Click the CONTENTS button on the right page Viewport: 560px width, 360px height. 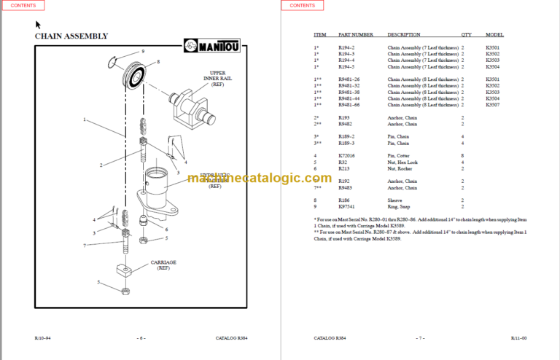pos(302,6)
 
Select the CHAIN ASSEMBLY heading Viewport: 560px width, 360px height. pos(71,36)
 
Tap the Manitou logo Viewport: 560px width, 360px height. pos(219,47)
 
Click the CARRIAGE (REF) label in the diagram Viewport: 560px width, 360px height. pos(164,265)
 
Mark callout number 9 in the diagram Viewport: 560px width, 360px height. pos(143,52)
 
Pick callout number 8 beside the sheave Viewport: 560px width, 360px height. pos(157,62)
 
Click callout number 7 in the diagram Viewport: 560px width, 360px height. pos(85,246)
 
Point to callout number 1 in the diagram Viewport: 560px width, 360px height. pos(85,119)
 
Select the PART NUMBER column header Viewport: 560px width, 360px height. pos(356,34)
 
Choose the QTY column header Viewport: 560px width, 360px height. pos(466,34)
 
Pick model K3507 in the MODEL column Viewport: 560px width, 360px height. pos(494,104)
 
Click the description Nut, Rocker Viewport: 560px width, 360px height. pos(400,168)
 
